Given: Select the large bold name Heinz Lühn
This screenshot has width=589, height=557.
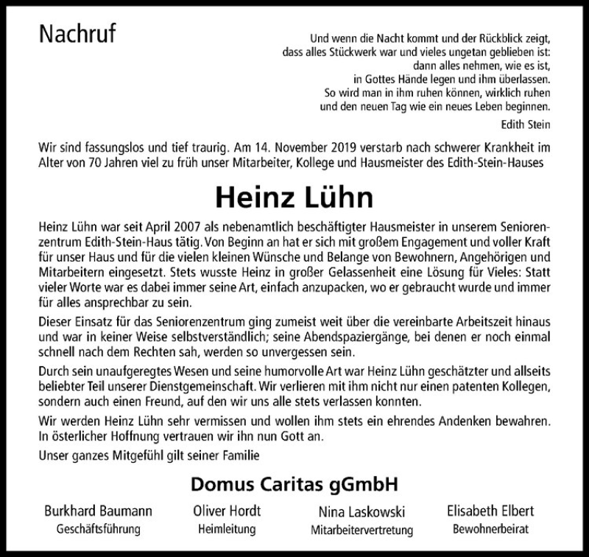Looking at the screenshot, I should (294, 197).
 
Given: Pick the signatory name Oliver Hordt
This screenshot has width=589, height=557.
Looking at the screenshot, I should (226, 511).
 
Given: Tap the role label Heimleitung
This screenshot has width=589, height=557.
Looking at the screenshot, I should (226, 529).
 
